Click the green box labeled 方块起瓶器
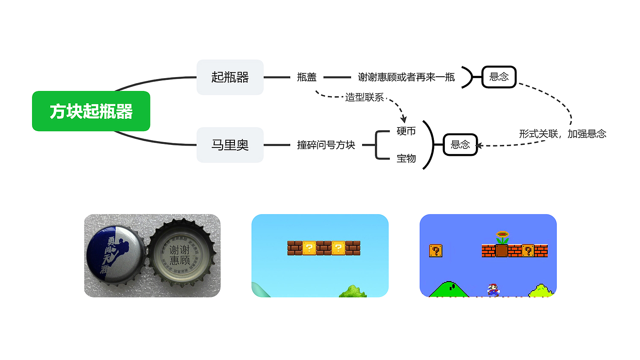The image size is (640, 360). pyautogui.click(x=91, y=111)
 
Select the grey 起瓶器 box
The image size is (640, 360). pyautogui.click(x=230, y=77)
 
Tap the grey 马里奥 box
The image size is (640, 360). pyautogui.click(x=230, y=145)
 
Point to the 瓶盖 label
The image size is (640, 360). pyautogui.click(x=307, y=77)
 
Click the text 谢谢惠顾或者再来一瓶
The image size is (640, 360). pyautogui.click(x=406, y=77)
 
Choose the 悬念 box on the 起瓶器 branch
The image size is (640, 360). pyautogui.click(x=499, y=77)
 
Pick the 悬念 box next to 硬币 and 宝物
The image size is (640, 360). pyautogui.click(x=460, y=145)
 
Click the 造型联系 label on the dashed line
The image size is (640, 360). pyautogui.click(x=364, y=97)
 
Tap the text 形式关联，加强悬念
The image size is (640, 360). pyautogui.click(x=562, y=134)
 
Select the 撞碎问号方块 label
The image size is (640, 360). pyautogui.click(x=326, y=145)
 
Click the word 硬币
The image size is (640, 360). pyautogui.click(x=406, y=132)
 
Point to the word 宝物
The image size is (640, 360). pyautogui.click(x=406, y=159)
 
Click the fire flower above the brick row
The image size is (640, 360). pyautogui.click(x=502, y=237)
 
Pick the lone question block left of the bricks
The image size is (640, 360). pyautogui.click(x=435, y=250)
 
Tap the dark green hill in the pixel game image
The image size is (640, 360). pyautogui.click(x=449, y=290)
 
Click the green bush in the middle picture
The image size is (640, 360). pyautogui.click(x=353, y=291)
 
